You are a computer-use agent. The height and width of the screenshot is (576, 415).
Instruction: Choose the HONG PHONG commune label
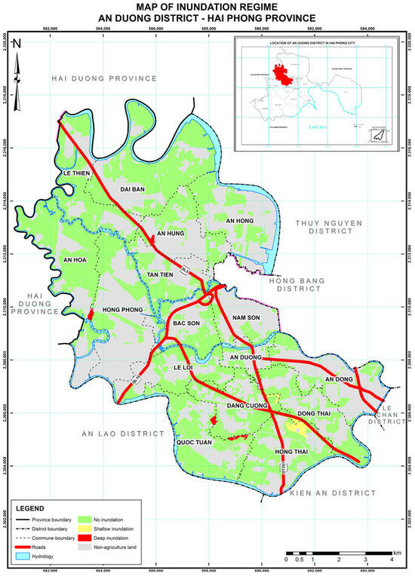123,310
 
